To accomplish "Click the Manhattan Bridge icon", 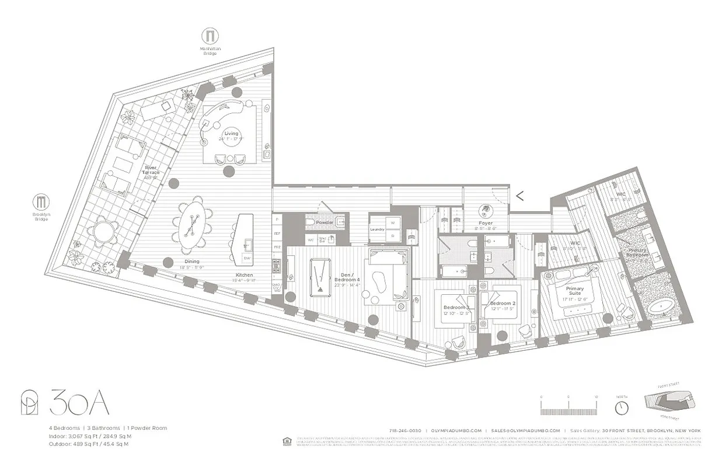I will [208, 36].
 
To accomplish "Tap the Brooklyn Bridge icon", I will [41, 203].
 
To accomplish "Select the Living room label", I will [231, 134].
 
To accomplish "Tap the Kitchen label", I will [245, 274].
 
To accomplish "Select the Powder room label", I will [325, 222].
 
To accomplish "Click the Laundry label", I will [377, 229].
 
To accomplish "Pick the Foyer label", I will [485, 223].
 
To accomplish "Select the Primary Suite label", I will [575, 291].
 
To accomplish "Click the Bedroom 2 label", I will [503, 304].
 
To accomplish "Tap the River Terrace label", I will [151, 170].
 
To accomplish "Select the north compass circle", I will [622, 407].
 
